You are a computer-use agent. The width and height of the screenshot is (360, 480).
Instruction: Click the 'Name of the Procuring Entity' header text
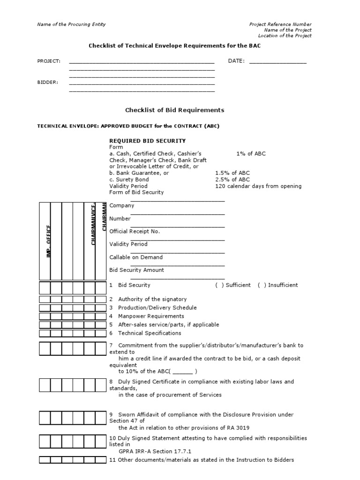pyautogui.click(x=71, y=24)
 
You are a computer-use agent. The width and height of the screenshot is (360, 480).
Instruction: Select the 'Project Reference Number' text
pyautogui.click(x=280, y=24)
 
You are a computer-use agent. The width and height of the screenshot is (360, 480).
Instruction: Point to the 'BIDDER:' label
pyautogui.click(x=48, y=82)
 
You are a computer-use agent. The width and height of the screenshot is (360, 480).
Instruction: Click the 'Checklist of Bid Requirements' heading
pyautogui.click(x=174, y=110)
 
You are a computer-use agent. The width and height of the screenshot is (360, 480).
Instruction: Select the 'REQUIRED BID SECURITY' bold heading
pyautogui.click(x=147, y=141)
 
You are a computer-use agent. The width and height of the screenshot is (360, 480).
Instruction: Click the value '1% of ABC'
pyautogui.click(x=251, y=153)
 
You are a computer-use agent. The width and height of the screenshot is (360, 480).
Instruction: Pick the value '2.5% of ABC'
pyautogui.click(x=232, y=180)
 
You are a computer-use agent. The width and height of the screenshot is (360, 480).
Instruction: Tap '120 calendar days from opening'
pyautogui.click(x=258, y=186)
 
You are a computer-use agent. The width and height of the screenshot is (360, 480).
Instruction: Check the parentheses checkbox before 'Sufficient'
pyautogui.click(x=219, y=285)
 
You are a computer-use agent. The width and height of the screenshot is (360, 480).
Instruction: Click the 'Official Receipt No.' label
pyautogui.click(x=135, y=231)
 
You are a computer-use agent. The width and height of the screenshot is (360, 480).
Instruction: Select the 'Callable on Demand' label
pyautogui.click(x=136, y=257)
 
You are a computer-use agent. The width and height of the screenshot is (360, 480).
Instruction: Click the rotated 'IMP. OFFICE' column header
pyautogui.click(x=48, y=241)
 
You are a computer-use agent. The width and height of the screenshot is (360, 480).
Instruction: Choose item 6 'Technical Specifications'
pyautogui.click(x=149, y=333)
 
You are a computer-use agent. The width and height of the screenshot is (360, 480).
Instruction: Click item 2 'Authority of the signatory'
pyautogui.click(x=152, y=299)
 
